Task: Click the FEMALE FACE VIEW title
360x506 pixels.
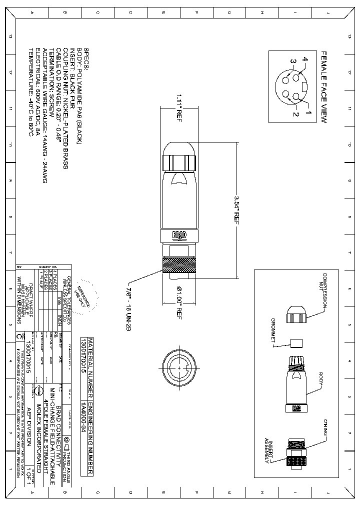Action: pyautogui.click(x=323, y=87)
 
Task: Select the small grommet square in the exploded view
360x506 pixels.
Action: pyautogui.click(x=296, y=343)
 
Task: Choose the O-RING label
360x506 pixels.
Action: pyautogui.click(x=325, y=427)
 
